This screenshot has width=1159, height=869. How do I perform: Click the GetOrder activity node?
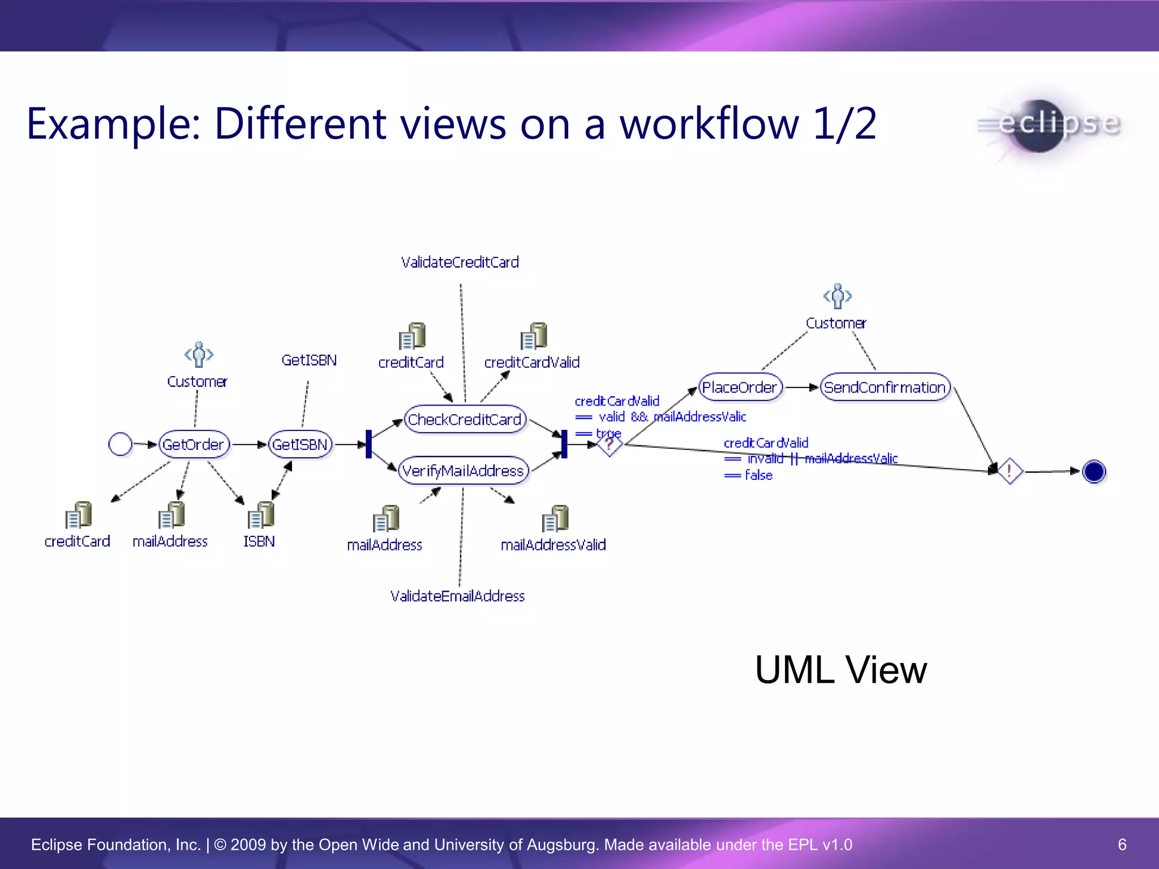[x=194, y=445]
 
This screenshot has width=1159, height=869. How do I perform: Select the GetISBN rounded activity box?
[x=300, y=445]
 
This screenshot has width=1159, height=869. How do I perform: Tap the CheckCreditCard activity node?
[x=465, y=420]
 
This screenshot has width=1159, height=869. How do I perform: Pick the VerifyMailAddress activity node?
[x=463, y=471]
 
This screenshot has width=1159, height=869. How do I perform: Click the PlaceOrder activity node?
[x=740, y=388]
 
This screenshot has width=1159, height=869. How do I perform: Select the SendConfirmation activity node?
[x=885, y=388]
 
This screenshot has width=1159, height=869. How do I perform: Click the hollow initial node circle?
[x=120, y=444]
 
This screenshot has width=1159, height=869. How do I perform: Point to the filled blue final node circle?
[x=1093, y=471]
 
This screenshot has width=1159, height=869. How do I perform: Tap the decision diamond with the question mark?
[x=609, y=445]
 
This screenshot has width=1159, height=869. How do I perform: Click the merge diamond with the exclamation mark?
[x=1009, y=471]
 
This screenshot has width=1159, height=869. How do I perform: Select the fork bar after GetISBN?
[x=369, y=444]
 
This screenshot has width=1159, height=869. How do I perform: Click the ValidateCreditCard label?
[x=460, y=263]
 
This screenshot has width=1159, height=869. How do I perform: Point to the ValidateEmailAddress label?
[x=457, y=596]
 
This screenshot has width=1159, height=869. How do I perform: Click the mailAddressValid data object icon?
[x=555, y=518]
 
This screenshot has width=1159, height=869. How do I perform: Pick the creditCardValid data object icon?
[x=534, y=336]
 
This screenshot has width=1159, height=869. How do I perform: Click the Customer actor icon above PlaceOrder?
[x=838, y=296]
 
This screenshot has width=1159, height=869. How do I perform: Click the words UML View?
[x=841, y=670]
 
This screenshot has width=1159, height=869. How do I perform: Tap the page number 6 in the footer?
[x=1122, y=845]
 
